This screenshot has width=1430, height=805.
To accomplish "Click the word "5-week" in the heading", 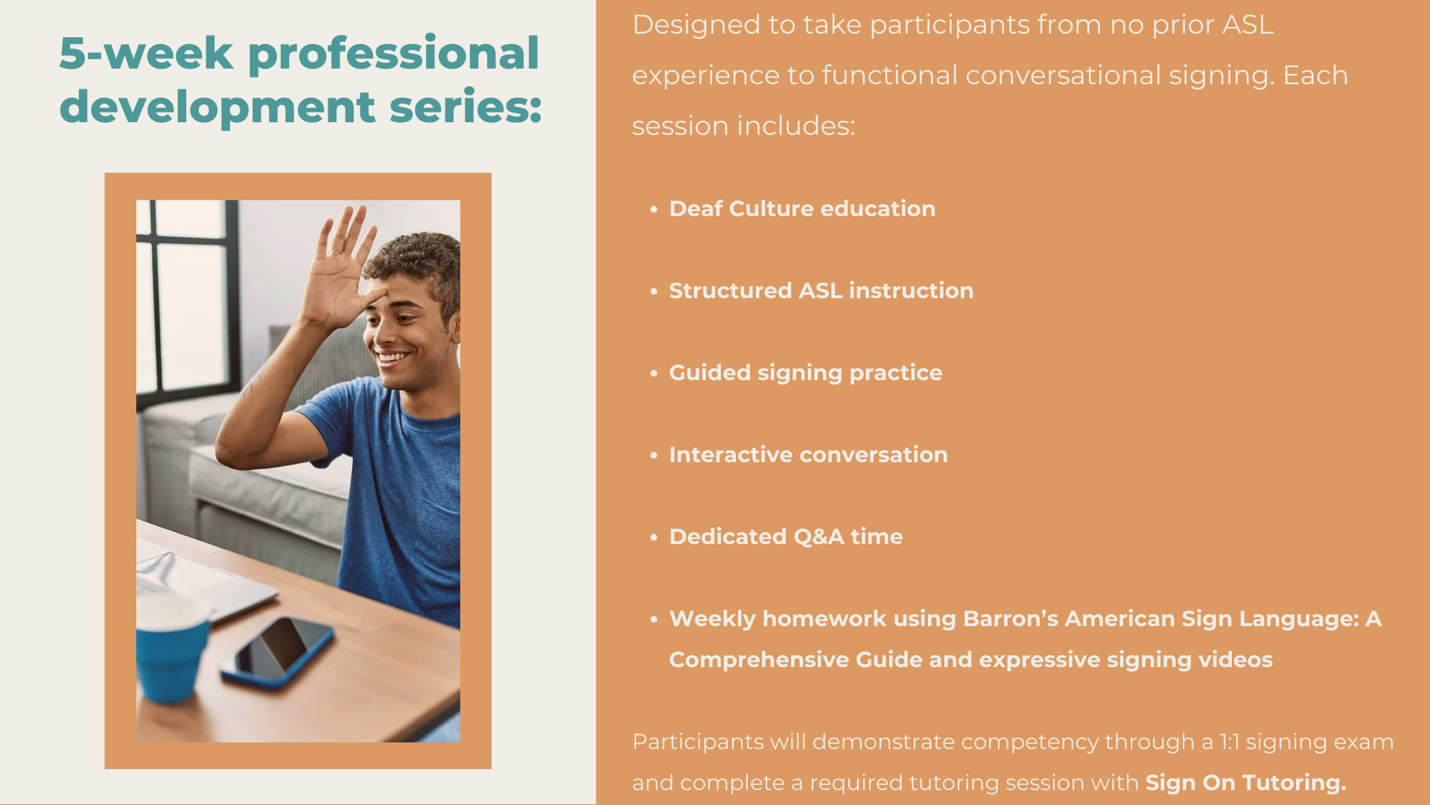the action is [x=146, y=54].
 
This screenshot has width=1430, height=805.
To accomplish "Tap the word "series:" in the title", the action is [x=465, y=106].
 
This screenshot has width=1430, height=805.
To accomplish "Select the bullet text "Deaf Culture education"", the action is [x=802, y=209].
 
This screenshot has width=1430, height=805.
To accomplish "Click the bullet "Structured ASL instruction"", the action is [x=821, y=291].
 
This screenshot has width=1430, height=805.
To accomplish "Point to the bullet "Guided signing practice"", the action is [x=805, y=373].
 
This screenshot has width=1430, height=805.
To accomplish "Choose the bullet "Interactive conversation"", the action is [x=808, y=455].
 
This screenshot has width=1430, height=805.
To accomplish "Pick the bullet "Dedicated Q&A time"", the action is [x=786, y=537].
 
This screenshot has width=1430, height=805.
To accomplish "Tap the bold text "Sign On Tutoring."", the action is [x=1246, y=783].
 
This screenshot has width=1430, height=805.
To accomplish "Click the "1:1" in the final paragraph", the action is [x=1230, y=742].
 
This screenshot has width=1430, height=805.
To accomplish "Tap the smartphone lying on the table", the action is [x=277, y=650].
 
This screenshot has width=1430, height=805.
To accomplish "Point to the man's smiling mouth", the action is [x=393, y=358].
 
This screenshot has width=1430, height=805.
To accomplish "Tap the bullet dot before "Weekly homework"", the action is [x=654, y=619].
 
